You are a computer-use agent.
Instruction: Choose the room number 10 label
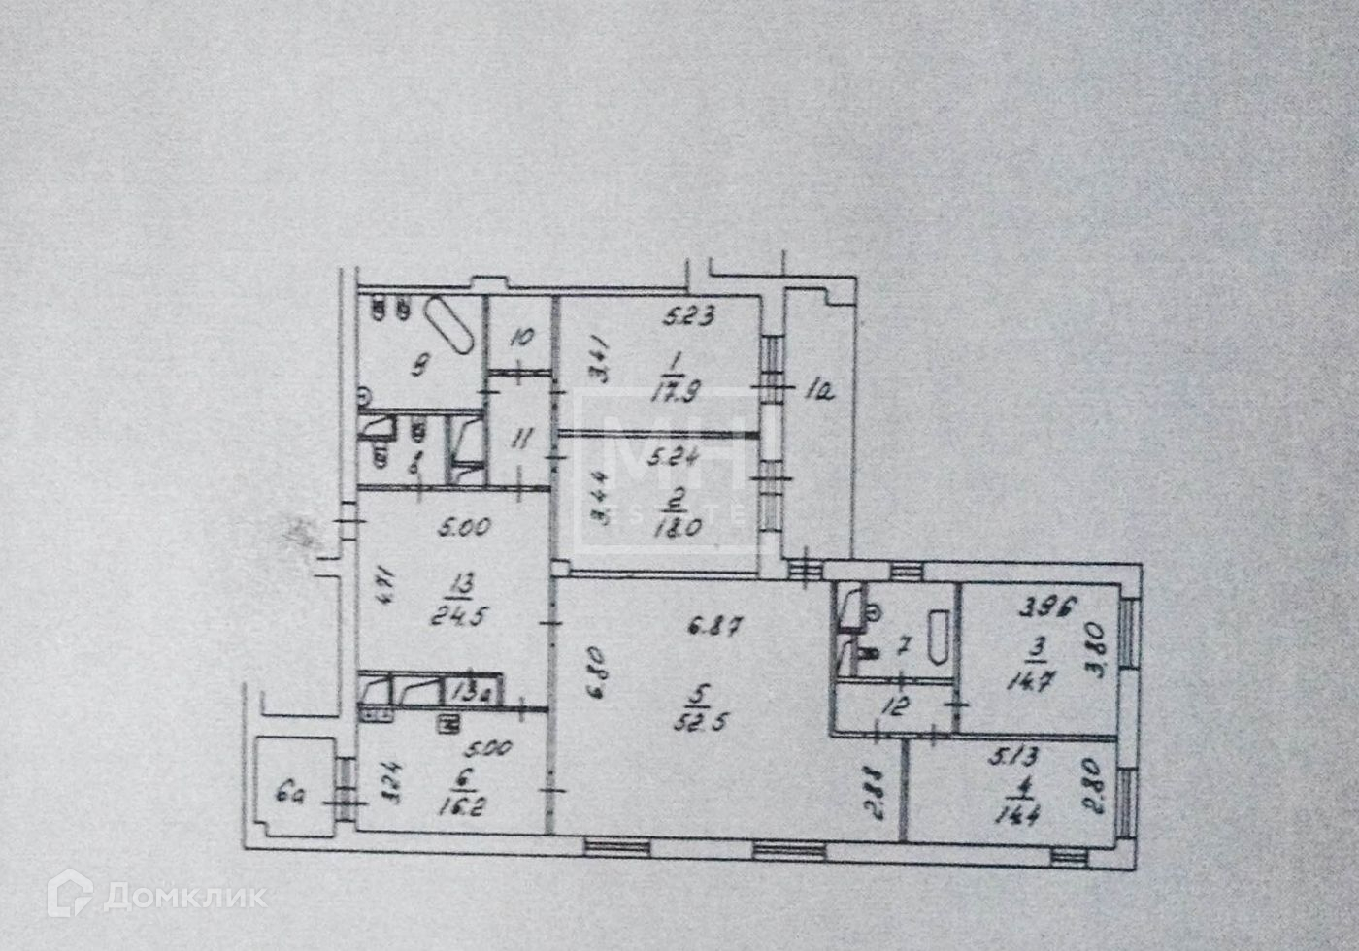[x=520, y=339]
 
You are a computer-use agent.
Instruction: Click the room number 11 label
[x=521, y=440]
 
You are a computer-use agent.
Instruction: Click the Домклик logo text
[x=183, y=896]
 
